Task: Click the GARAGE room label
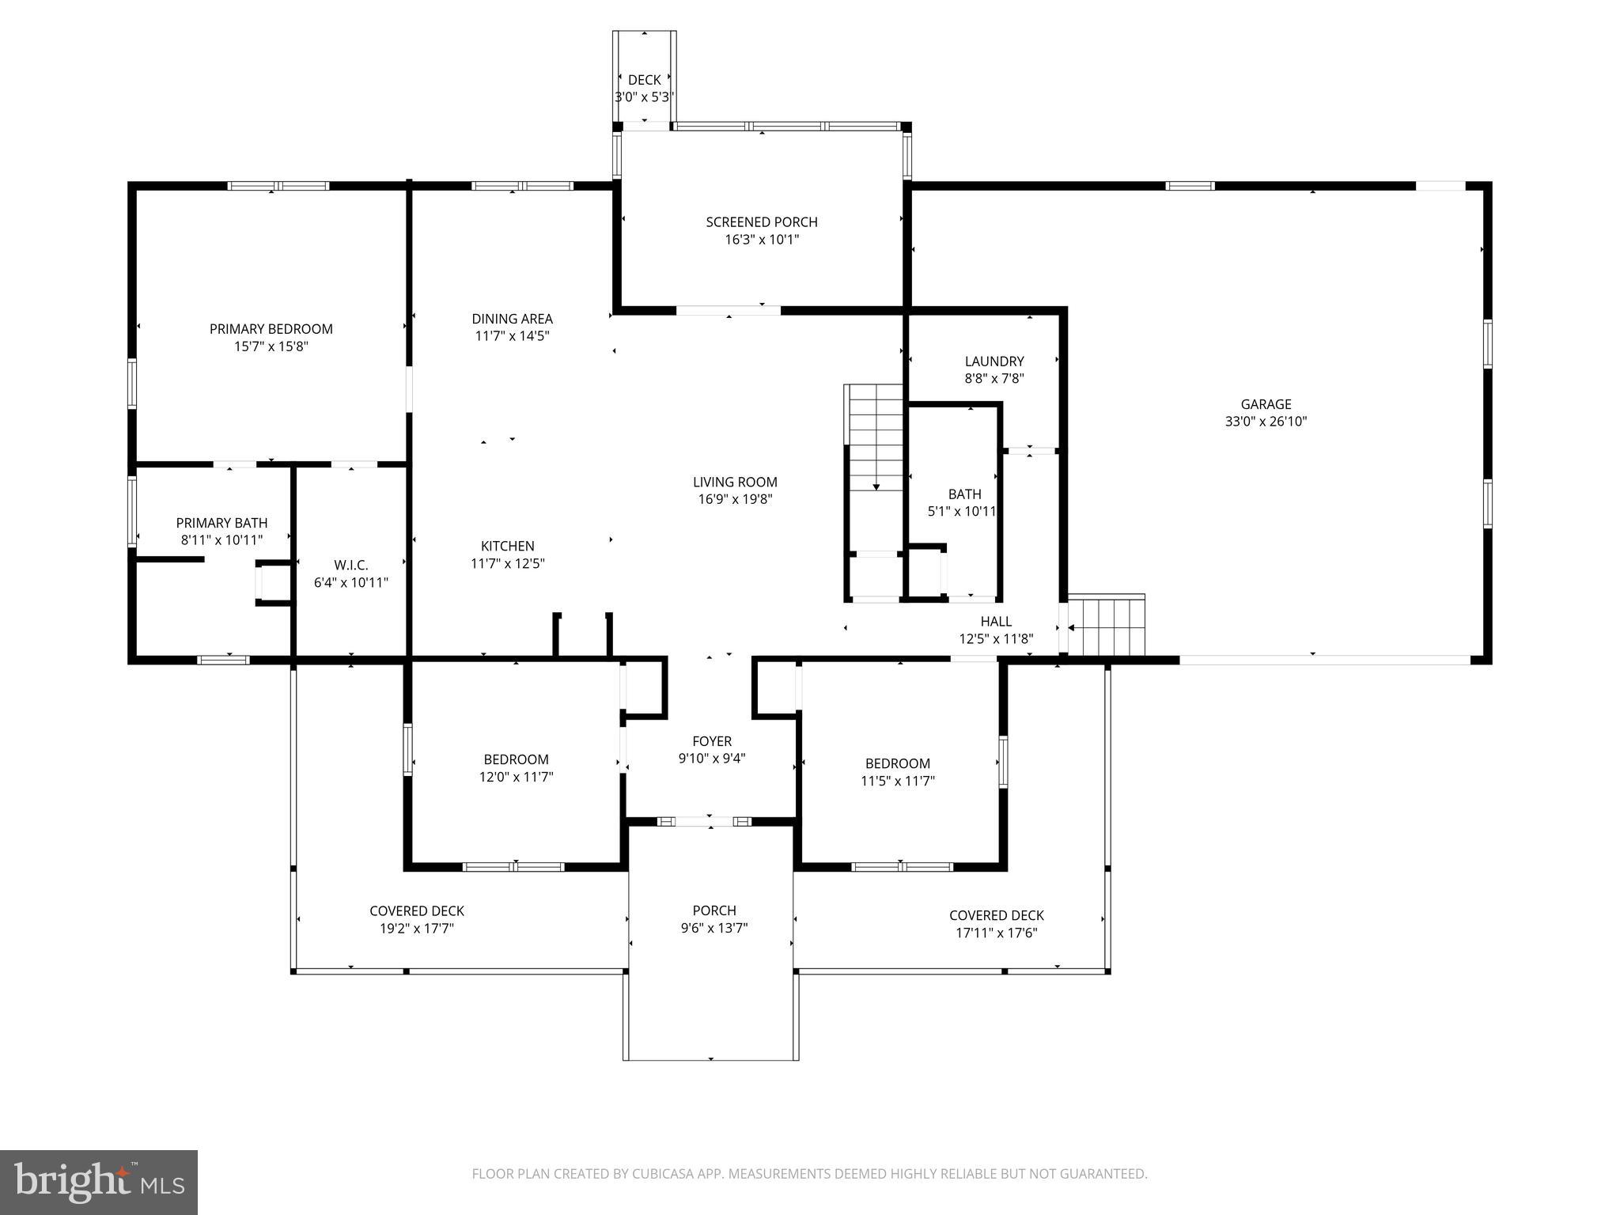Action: (1266, 404)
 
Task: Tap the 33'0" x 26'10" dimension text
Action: (1266, 422)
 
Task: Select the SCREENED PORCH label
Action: (761, 222)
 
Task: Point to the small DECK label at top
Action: (644, 80)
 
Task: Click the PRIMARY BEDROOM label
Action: (271, 329)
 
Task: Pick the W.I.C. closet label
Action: (350, 565)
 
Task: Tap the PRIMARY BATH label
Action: (221, 523)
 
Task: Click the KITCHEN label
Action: (507, 546)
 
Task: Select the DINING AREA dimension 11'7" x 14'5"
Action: (512, 335)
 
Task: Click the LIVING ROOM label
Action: (735, 482)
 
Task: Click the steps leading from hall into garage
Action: (1107, 626)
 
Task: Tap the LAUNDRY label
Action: (994, 361)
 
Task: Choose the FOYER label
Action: (711, 741)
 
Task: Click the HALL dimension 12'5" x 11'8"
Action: (996, 639)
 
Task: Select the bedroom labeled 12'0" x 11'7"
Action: (516, 767)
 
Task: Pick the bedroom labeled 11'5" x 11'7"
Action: (897, 771)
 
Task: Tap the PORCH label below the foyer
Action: (713, 910)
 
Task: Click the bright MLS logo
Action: (99, 1182)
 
